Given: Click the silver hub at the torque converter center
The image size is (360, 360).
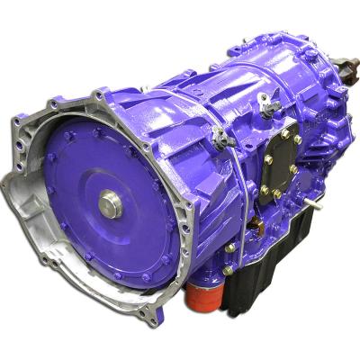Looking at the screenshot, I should pyautogui.click(x=110, y=205).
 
